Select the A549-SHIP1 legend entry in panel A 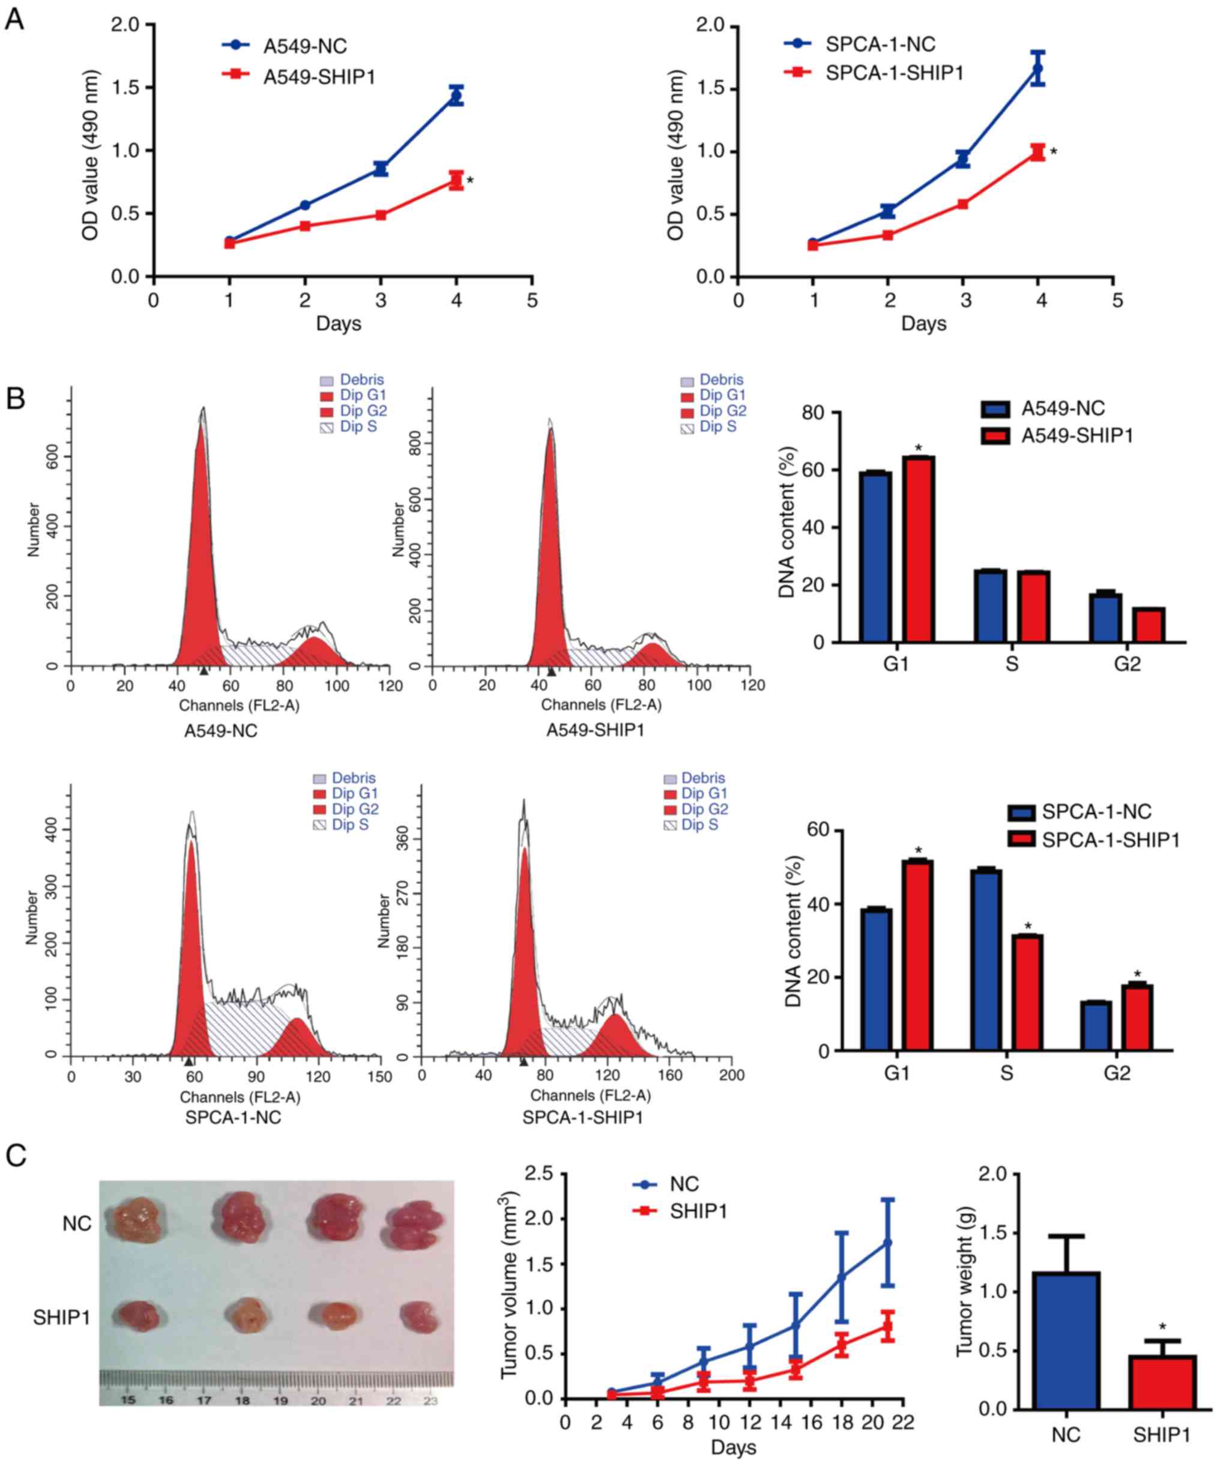319,77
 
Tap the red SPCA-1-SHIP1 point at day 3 962,204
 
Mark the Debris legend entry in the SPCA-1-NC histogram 353,778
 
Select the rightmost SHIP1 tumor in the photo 418,1316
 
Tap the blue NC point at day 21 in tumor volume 887,1243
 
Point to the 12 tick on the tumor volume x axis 749,1422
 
